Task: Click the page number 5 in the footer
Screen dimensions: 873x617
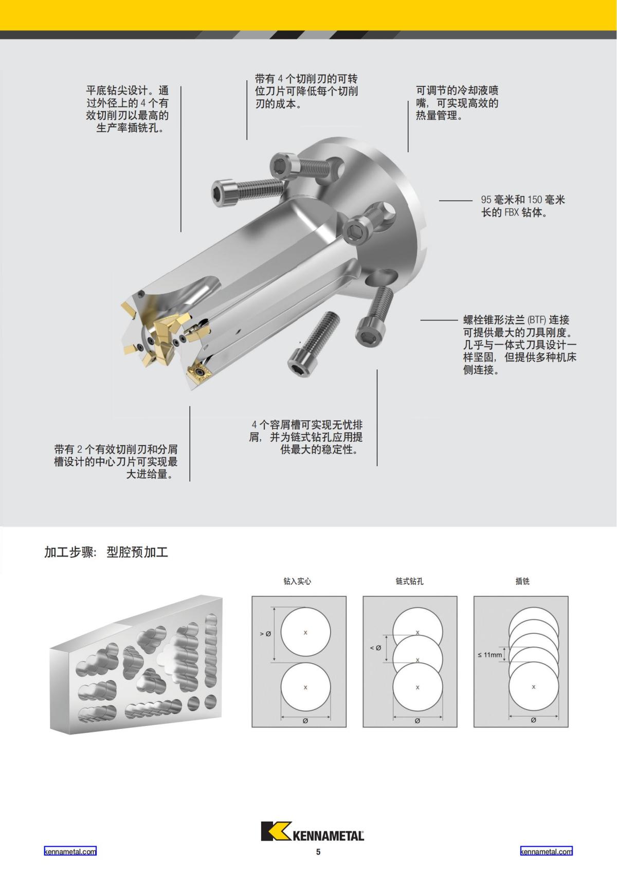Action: tap(318, 852)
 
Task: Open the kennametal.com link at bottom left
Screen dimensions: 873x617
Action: tap(70, 851)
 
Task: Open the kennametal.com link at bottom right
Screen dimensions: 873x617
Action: tap(546, 851)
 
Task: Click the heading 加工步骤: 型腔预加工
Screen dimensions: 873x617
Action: tap(106, 553)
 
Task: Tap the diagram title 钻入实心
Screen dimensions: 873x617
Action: tap(297, 581)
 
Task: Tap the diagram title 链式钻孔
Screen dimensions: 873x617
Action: tap(409, 581)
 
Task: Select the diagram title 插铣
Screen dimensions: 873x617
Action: tap(522, 581)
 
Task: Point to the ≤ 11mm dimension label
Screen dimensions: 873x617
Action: tap(489, 655)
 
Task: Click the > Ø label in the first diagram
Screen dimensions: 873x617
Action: tap(265, 634)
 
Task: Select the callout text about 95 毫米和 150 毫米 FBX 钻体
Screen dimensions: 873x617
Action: tap(522, 206)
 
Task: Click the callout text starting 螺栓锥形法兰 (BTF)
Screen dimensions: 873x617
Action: tap(519, 345)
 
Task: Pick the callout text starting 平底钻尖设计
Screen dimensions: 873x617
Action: tap(127, 109)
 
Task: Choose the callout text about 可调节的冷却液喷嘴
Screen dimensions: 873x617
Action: tap(457, 103)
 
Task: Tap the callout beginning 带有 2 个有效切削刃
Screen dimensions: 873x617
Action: tap(116, 461)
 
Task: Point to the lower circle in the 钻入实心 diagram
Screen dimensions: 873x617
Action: tap(305, 688)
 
